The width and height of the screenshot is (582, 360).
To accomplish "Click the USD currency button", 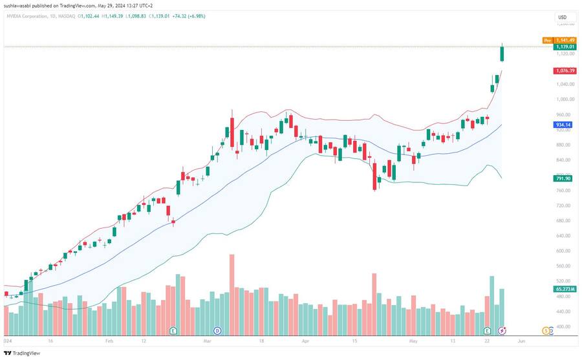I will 562,17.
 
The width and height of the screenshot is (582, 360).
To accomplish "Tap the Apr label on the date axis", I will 306,339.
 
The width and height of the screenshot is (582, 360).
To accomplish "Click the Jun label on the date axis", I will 521,339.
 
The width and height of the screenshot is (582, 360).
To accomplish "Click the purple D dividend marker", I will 217,330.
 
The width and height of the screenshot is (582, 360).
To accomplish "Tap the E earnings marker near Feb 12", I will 173,330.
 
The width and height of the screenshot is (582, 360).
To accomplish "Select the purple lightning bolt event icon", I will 502,330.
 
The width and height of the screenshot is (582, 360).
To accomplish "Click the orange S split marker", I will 546,330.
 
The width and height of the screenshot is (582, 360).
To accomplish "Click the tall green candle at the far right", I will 502,54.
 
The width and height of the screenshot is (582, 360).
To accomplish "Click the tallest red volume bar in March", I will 232,291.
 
